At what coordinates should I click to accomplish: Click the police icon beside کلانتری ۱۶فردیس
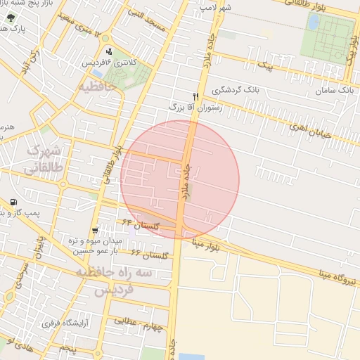coord(109,51)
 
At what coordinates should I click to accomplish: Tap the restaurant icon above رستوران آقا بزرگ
coord(196,96)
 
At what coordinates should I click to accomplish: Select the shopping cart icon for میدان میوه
coord(95,231)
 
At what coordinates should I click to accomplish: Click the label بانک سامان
coord(334,91)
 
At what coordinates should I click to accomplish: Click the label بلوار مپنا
coord(213,247)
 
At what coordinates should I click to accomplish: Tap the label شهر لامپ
coord(216,6)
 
